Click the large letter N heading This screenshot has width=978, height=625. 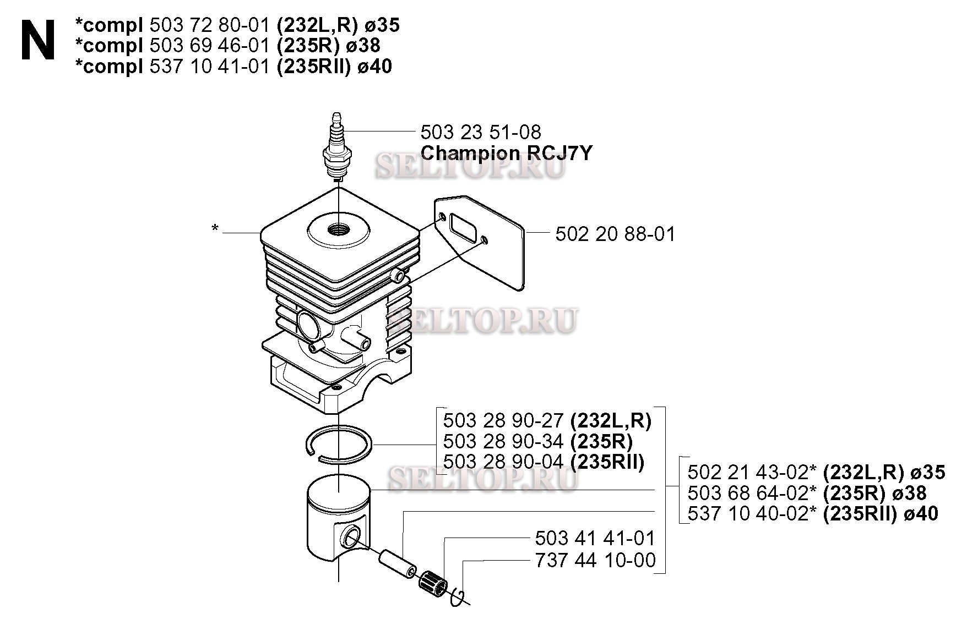point(38,40)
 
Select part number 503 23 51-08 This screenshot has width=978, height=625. point(480,132)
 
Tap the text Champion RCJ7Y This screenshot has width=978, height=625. point(506,153)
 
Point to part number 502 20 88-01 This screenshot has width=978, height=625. point(615,234)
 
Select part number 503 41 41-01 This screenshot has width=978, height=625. point(595,538)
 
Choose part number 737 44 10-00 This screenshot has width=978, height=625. point(595,560)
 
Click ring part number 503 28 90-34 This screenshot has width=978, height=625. point(503,441)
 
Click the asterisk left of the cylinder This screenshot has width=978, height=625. point(215,228)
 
